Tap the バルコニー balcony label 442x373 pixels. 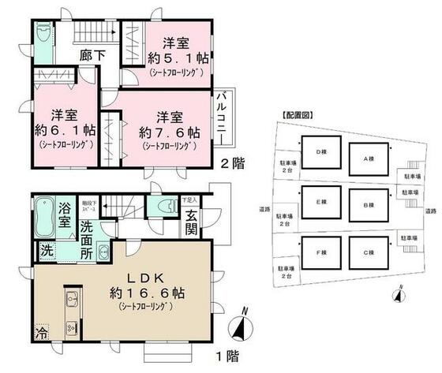click(224, 118)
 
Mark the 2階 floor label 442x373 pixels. click(231, 164)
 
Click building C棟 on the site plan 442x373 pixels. click(367, 254)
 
